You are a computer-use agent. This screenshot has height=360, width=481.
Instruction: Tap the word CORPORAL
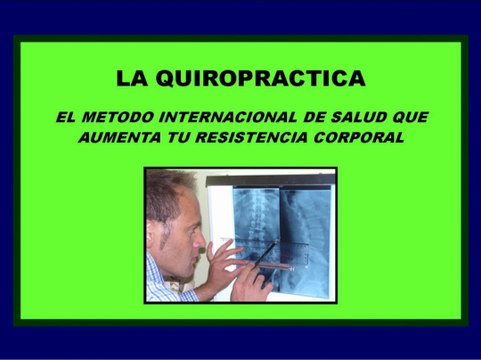point(364,138)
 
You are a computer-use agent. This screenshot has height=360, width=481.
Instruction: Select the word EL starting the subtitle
point(66,117)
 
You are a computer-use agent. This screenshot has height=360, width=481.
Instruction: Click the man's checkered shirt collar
point(160,275)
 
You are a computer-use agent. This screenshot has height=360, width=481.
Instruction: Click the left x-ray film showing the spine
point(254,225)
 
